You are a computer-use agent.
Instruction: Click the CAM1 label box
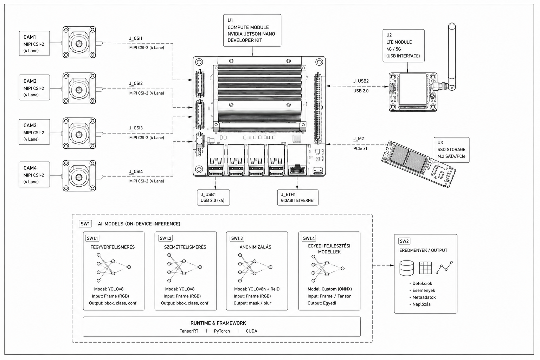(x=34, y=43)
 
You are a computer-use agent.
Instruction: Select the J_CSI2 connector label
(x=136, y=83)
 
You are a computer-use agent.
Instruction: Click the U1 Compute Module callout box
(x=252, y=30)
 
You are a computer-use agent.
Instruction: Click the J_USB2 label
(x=361, y=81)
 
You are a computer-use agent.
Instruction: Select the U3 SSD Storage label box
(x=451, y=150)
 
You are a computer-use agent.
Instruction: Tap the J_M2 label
(x=359, y=139)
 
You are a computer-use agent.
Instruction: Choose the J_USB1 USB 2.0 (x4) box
(x=213, y=198)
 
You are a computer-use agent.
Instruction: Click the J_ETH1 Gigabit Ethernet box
(x=298, y=198)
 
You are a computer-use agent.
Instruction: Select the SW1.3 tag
(x=237, y=238)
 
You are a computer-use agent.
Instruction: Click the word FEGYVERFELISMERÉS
(x=112, y=247)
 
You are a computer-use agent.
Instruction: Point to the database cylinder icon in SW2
(x=407, y=268)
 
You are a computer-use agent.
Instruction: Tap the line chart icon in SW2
(x=444, y=268)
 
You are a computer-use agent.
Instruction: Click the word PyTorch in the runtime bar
(x=222, y=331)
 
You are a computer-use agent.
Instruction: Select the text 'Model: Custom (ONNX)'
(x=329, y=289)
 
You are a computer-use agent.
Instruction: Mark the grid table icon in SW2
(x=425, y=268)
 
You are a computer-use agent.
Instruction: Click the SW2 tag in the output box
(x=404, y=241)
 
